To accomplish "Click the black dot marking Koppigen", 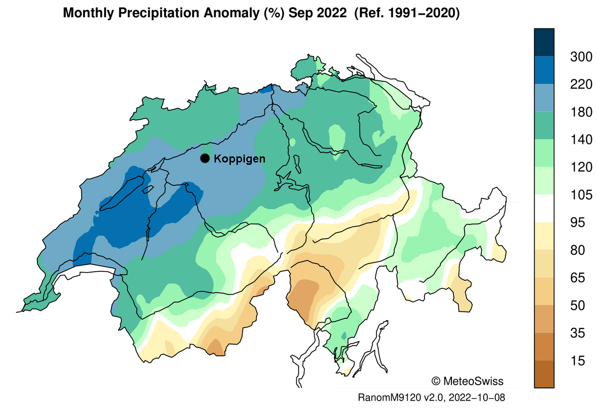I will tap(205, 158).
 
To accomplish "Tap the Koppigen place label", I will tap(239, 159).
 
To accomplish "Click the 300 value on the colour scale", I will tap(581, 57).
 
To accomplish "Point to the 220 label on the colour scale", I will tap(581, 85).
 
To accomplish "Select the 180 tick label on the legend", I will tap(581, 112).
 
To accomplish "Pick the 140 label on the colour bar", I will tap(581, 140).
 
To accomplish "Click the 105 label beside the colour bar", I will tap(581, 195).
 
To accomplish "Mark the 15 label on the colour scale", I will tap(577, 360).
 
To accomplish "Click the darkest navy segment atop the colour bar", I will tap(544, 42).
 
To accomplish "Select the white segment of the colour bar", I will tap(544, 208).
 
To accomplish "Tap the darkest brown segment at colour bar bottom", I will tap(544, 374).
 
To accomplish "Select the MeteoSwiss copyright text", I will tap(468, 381).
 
